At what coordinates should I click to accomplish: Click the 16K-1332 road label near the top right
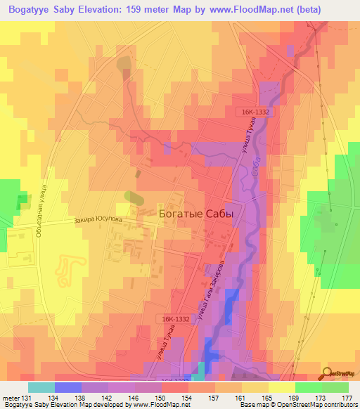[x=252, y=112]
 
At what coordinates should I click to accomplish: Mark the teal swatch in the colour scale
[x=41, y=387]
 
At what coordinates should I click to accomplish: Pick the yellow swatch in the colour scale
[x=281, y=387]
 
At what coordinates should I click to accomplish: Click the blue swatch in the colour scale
[x=67, y=387]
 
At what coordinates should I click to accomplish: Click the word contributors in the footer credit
[x=339, y=405]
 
